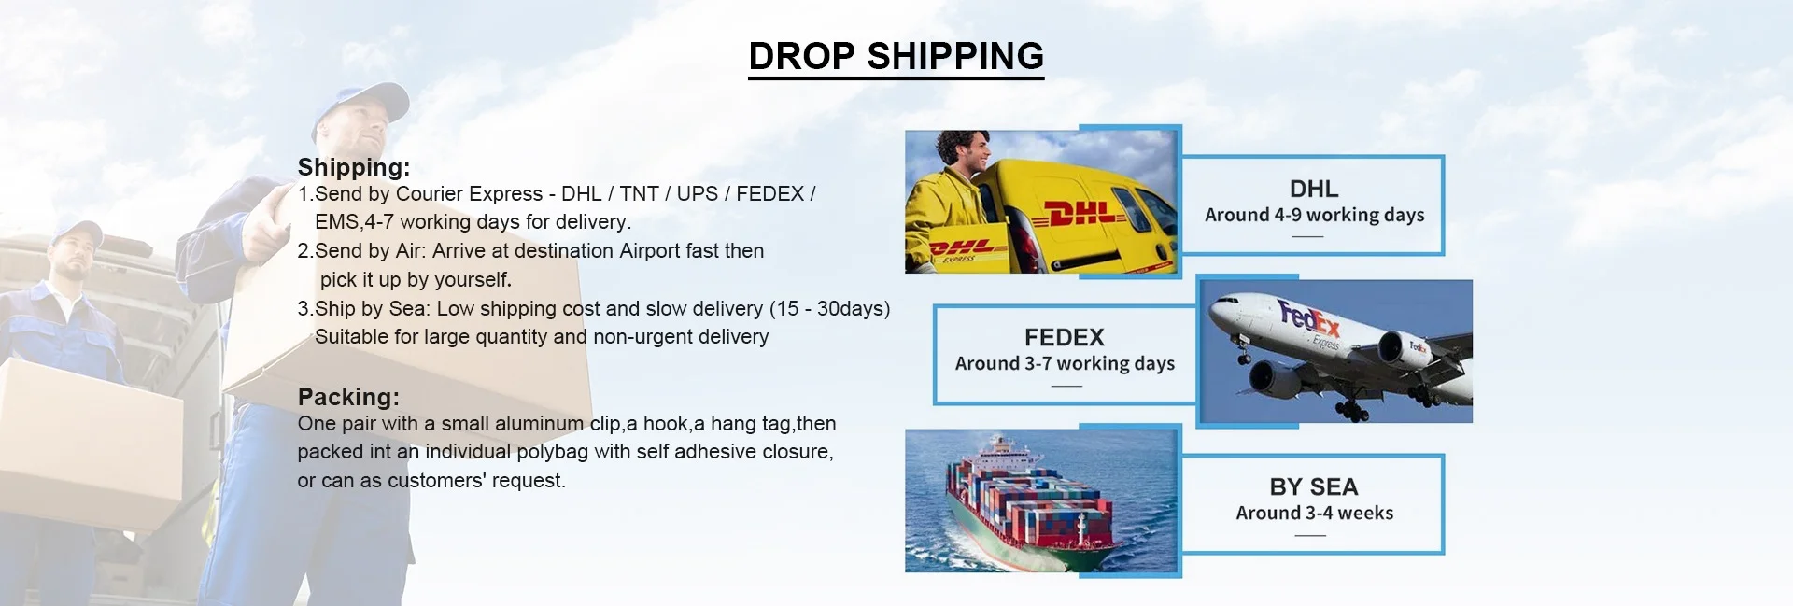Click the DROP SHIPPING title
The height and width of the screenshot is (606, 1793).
point(896,56)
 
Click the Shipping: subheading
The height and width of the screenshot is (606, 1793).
point(354,167)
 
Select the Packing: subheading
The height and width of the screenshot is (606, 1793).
point(348,397)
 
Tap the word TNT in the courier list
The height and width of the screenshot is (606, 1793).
point(639,194)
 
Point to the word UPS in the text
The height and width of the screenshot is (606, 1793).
point(698,194)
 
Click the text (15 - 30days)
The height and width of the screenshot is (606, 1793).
point(829,309)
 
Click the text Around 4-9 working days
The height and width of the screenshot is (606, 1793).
point(1314,216)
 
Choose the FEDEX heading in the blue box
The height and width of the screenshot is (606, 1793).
point(1065,337)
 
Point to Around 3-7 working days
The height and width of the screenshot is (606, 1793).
point(1065,364)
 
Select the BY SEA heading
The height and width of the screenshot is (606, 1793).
point(1314,486)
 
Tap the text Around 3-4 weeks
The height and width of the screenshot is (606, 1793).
point(1314,513)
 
